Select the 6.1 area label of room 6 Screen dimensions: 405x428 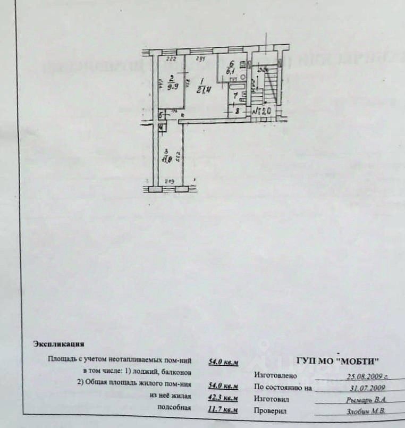pyautogui.click(x=231, y=69)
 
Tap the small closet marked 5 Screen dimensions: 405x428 pyautogui.click(x=161, y=115)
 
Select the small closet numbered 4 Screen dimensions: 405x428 pyautogui.click(x=161, y=128)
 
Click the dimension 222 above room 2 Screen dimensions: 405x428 pyautogui.click(x=171, y=59)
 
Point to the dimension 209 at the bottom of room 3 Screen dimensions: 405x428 pyautogui.click(x=169, y=182)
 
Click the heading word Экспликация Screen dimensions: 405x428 pyautogui.click(x=58, y=344)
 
